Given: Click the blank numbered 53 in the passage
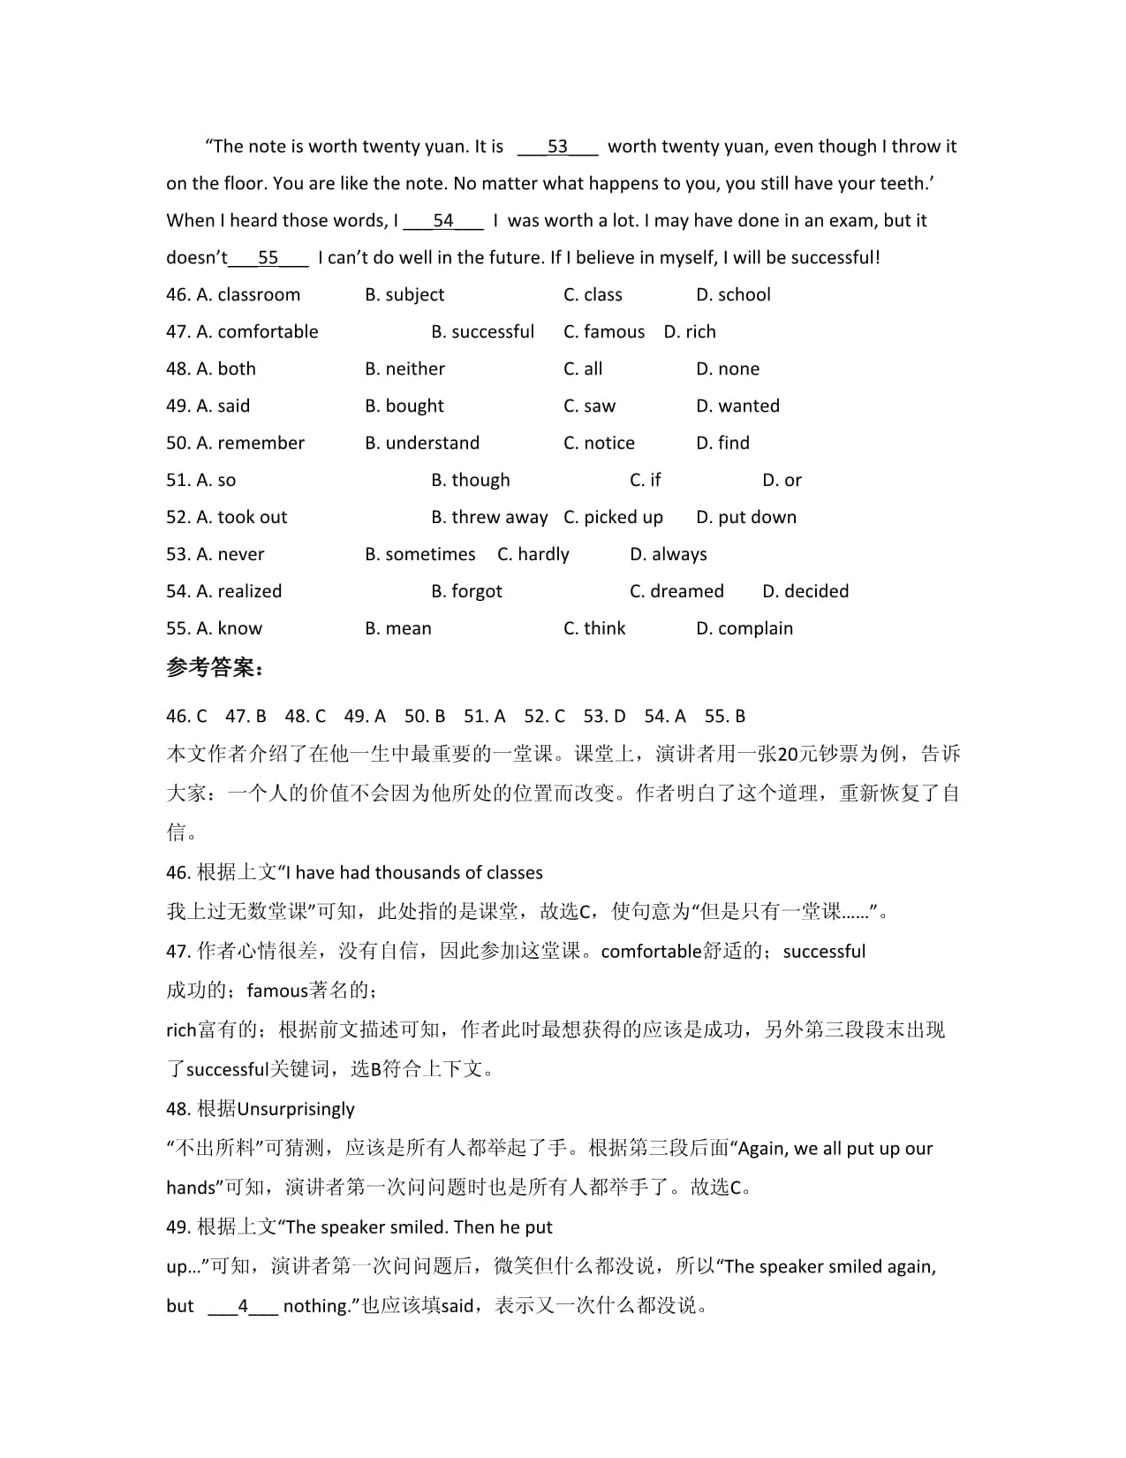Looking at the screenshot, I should point(557,147).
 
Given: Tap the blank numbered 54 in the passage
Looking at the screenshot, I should point(443,221).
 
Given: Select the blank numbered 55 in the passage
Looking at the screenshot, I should point(268,258).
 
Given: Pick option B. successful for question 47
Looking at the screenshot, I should point(483,332).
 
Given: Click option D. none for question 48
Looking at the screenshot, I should point(728,369).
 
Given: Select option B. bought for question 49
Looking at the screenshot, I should point(404,406).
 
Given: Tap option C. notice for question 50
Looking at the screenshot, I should point(599,444).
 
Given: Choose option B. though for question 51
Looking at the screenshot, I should point(471,481).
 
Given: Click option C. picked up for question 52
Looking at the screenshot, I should point(613,518).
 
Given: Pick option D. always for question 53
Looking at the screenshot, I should point(669,555).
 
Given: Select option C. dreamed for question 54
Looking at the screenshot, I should point(676,592).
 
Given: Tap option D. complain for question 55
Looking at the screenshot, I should point(744,629).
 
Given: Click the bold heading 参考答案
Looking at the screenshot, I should point(215,668).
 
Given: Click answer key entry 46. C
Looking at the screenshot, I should point(186,717).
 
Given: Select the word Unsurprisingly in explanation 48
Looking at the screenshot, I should point(296,1110).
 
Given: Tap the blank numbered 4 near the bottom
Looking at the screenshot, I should point(243,1307).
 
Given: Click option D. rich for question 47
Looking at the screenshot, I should point(690,332).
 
